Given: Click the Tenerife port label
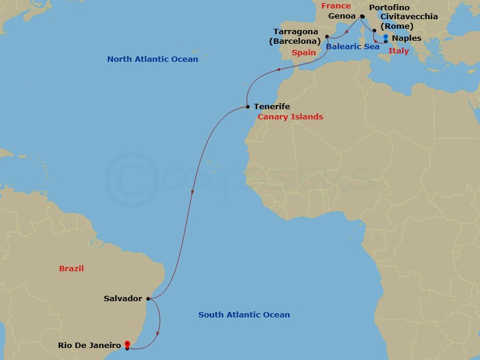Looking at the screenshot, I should tap(272, 106).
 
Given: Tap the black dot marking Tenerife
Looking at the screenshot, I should tap(248, 106).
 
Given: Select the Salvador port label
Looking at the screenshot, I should tap(122, 298).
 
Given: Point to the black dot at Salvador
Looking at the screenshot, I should tap(148, 298).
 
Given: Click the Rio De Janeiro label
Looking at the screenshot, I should tap(90, 345).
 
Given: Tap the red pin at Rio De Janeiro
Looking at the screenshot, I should tap(127, 344).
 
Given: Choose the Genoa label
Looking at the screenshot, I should tap(342, 17).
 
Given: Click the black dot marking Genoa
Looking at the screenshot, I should tap(362, 17).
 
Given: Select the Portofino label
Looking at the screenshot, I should tap(391, 7).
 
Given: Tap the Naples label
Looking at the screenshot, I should tap(407, 38).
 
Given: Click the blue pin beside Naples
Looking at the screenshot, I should tap(385, 37).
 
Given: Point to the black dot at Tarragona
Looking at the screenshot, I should tap(327, 37).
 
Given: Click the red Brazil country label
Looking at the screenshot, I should tap(71, 269).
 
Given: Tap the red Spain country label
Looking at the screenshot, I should tap(304, 53).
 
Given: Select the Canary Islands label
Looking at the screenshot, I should tap(290, 117).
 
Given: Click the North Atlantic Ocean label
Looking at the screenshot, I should tap(152, 59).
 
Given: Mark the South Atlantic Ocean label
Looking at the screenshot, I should tap(244, 315).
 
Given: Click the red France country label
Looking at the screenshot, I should tap(336, 6).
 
